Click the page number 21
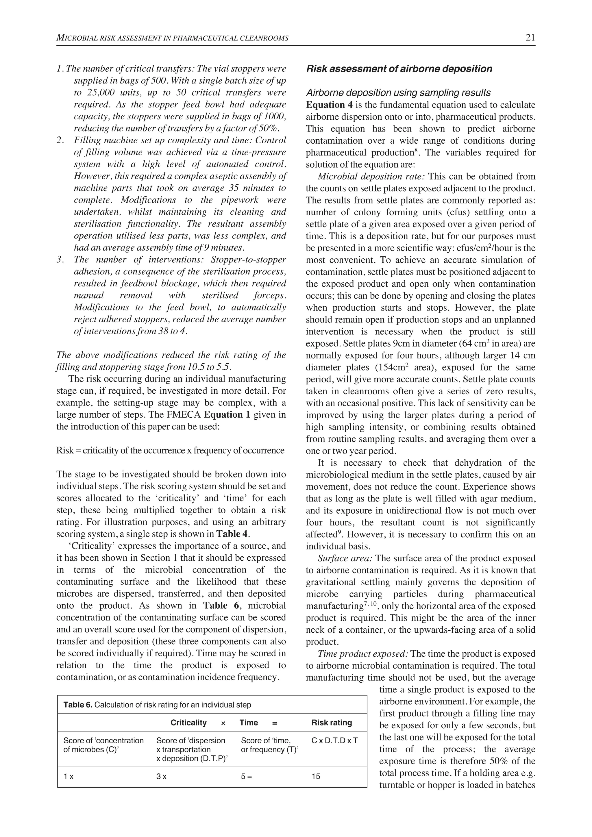pos(530,38)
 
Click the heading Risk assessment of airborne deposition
pos(399,69)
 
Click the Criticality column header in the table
pos(188,723)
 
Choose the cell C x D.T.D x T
pos(334,740)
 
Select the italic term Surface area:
pos(345,558)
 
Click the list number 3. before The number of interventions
pos(60,260)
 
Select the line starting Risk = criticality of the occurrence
pos(170,450)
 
